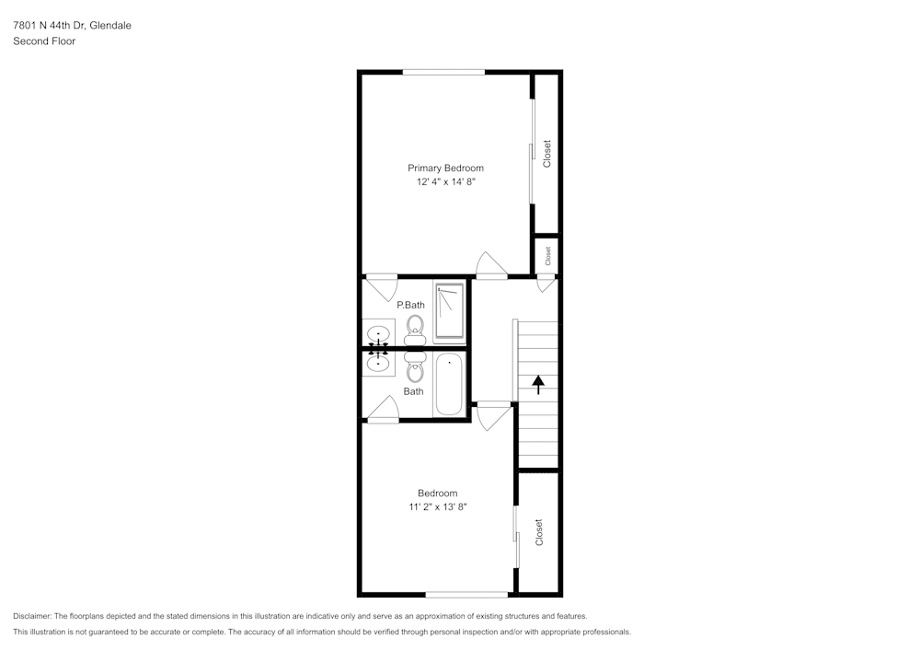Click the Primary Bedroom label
[x=445, y=168]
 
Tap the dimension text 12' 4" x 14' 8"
[x=445, y=182]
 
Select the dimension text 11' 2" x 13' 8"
[x=437, y=507]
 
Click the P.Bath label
[x=410, y=305]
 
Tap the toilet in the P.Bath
[x=415, y=329]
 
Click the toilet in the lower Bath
[x=415, y=368]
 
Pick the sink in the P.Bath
[x=378, y=333]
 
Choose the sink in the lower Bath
[x=378, y=364]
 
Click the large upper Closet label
[x=547, y=154]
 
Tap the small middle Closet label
[x=548, y=256]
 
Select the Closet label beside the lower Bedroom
[x=539, y=532]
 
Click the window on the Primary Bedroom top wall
[x=443, y=72]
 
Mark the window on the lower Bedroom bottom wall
[x=466, y=594]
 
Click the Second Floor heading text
[x=44, y=41]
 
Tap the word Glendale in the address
[x=110, y=26]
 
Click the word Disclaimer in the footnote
[x=32, y=616]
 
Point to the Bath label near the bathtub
[x=414, y=391]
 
